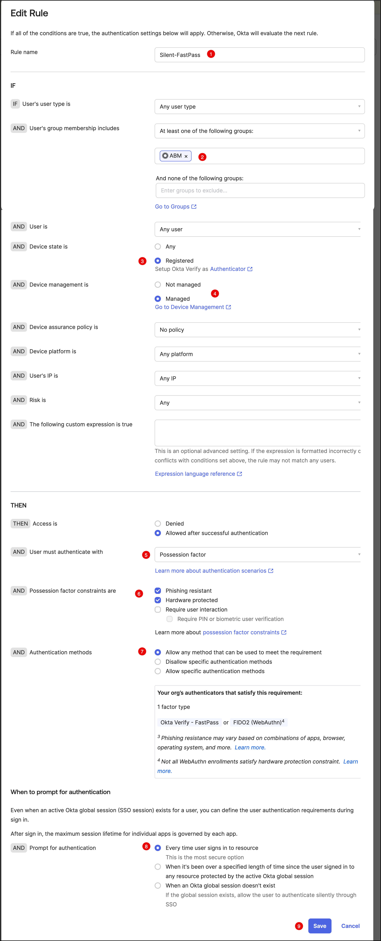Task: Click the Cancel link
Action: [x=350, y=926]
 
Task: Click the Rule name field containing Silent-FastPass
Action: [x=259, y=55]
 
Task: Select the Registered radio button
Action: [x=158, y=260]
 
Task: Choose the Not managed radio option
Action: [x=158, y=285]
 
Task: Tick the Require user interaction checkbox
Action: [x=158, y=609]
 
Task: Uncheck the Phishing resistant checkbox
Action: [x=158, y=590]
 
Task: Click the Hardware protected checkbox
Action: [x=158, y=600]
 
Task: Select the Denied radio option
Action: [x=158, y=523]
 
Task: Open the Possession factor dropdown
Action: [x=257, y=554]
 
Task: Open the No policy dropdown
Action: [x=257, y=329]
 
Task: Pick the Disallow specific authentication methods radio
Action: [x=158, y=662]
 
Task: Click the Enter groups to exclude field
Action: [x=260, y=190]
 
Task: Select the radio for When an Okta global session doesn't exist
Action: [x=158, y=886]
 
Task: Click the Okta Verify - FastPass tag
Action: [x=189, y=722]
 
